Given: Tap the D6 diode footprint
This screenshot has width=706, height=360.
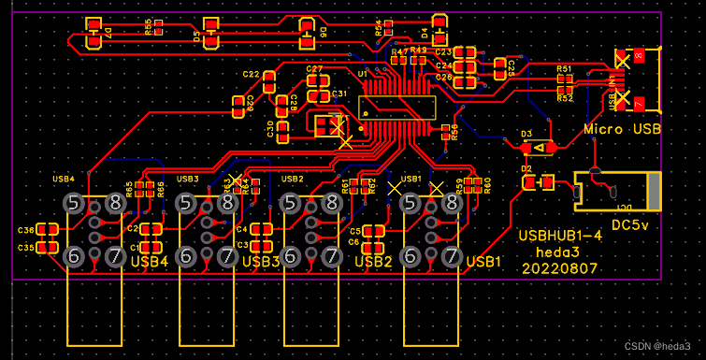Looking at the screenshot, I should click(x=307, y=34).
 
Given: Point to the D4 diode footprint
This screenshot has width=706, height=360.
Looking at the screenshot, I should click(x=439, y=30).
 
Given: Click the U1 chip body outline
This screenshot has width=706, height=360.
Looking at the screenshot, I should click(x=400, y=108).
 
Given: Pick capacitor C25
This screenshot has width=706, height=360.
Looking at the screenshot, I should click(x=500, y=67).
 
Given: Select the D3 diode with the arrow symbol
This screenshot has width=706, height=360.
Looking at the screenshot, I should click(x=540, y=147).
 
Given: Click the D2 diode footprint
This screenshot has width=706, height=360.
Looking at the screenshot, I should click(x=539, y=182).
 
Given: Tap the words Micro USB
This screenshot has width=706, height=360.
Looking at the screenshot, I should click(x=622, y=129).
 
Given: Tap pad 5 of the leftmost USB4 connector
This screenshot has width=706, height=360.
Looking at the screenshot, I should click(x=75, y=203).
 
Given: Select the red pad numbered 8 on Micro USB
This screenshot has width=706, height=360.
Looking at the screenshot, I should click(x=638, y=57).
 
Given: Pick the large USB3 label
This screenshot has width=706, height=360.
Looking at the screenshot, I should click(x=261, y=262).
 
